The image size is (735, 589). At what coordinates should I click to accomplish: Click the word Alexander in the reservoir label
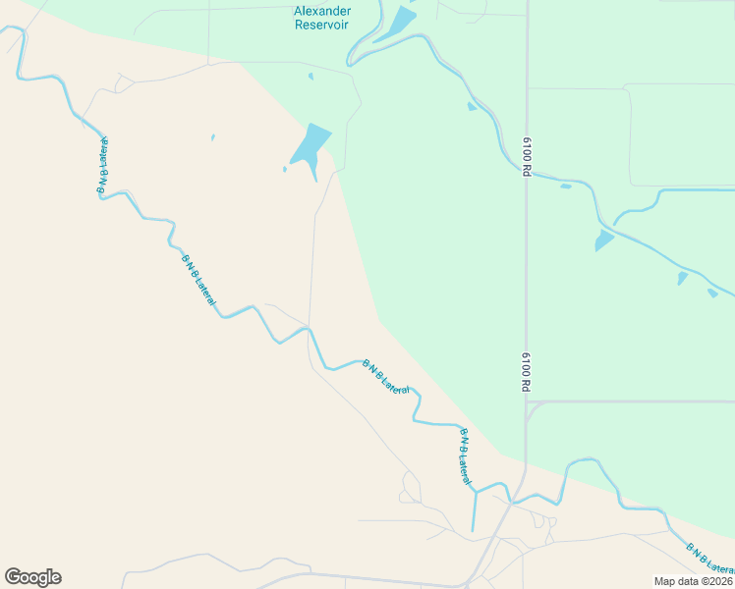point(322,11)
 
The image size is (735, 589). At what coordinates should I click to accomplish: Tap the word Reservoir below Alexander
point(322,25)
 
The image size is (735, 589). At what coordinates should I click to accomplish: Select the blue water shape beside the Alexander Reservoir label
point(396,24)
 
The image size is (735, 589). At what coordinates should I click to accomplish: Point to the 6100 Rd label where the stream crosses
point(527,157)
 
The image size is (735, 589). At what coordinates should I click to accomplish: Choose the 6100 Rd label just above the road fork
point(526,371)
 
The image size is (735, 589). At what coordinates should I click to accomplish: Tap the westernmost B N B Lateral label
point(102,168)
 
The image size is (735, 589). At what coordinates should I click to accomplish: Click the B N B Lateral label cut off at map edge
point(708,560)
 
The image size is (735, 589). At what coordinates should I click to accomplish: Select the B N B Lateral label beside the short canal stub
point(463,454)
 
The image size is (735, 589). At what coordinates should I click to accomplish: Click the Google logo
point(32,577)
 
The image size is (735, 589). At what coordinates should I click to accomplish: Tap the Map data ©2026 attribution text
point(694,581)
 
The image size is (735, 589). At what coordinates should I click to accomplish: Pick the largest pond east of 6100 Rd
point(603,241)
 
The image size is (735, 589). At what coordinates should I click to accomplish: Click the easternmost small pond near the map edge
point(712,293)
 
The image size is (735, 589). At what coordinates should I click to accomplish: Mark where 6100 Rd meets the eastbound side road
point(527,402)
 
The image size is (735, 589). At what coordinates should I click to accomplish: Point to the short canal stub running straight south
point(474,511)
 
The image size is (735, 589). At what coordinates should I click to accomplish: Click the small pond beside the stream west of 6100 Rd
point(473,106)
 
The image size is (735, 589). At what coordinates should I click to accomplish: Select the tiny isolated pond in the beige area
point(212,137)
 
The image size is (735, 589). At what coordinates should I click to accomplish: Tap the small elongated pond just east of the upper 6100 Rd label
point(566,186)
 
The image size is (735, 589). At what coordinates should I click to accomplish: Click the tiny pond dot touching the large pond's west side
point(285,169)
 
